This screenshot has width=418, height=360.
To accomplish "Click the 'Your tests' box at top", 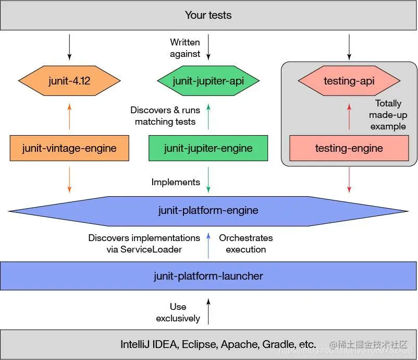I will coord(208,15).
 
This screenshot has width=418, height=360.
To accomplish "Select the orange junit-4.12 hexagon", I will coord(69,81).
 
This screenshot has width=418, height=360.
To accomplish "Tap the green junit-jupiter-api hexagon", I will coord(208,81).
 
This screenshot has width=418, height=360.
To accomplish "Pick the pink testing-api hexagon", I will coord(349,81).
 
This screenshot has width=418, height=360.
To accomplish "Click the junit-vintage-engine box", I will coord(69,148).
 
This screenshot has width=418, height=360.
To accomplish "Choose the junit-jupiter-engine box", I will coord(208,148).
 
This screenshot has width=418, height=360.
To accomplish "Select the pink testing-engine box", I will coord(349,148).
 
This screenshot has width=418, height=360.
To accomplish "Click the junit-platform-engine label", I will coord(208,211).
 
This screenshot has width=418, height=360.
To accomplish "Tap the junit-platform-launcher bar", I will coord(208,276).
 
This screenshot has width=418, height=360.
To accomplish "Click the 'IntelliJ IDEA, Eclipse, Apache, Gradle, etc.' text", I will coord(218,344).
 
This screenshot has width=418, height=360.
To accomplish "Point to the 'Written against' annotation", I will coord(185,47).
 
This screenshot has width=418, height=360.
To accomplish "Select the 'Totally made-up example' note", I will coord(388,115).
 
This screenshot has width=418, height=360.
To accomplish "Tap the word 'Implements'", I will coord(176,182).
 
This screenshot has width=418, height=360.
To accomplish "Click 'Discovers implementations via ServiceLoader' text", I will coord(144,244).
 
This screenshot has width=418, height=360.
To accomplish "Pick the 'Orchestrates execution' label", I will coord(246,244).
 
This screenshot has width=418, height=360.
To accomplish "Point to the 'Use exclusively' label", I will coord(178,313).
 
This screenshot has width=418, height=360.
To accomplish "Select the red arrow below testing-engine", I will coord(349,180).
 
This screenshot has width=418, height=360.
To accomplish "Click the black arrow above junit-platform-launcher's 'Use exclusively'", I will coord(208,311).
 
